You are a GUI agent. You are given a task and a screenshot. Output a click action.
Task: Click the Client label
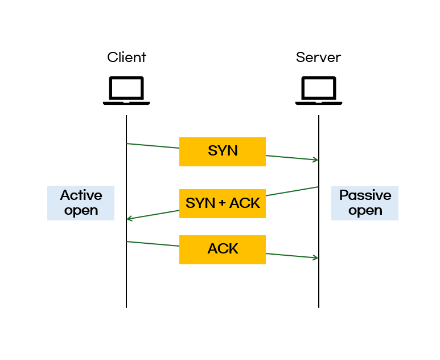126,58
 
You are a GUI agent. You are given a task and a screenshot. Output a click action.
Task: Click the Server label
318,58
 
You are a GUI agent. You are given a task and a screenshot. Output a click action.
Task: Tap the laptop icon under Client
126,91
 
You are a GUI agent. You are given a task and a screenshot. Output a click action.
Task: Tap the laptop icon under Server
318,91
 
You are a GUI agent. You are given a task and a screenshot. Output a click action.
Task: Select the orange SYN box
223,152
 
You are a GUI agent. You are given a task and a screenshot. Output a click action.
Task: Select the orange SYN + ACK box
223,203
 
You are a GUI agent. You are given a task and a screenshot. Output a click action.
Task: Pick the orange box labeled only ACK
223,249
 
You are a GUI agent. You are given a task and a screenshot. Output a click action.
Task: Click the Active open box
81,203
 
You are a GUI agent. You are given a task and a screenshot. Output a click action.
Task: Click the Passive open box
365,203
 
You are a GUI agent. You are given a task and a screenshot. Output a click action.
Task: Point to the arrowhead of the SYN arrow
316,160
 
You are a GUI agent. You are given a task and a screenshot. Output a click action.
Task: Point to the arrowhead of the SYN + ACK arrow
129,219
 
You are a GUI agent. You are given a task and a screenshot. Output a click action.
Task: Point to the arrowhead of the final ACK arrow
316,258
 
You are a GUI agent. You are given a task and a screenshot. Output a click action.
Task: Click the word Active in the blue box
81,195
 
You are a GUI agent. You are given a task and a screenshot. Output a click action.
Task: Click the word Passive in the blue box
365,195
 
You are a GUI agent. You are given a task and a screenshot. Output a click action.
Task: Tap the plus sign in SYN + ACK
222,203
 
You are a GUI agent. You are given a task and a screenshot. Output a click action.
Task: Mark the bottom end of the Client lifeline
126,307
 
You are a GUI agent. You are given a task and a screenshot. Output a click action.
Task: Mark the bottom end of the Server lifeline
319,307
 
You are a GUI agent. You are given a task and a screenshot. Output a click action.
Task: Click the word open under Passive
365,211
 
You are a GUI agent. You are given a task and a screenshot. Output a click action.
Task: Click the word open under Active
81,211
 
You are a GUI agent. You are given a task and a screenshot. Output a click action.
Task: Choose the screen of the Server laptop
318,88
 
